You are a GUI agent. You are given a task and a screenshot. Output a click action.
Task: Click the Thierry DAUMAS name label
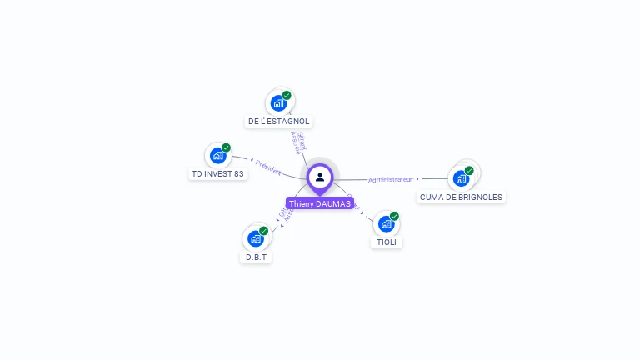pos(320,203)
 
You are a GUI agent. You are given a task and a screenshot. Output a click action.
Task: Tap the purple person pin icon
pos(320,177)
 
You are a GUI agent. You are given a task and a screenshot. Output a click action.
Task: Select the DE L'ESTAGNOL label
pos(278,122)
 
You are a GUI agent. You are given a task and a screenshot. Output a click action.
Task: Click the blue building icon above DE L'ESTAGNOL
pos(278,103)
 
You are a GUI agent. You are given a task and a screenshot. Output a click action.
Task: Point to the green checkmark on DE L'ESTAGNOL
pos(287,95)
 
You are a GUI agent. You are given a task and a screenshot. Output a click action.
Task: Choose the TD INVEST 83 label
pos(217,174)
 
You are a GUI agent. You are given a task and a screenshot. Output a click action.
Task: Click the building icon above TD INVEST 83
pos(217,156)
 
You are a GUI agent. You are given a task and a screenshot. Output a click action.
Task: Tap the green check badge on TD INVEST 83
pos(226,147)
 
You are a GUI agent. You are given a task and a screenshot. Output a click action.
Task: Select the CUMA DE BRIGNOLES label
pos(461,197)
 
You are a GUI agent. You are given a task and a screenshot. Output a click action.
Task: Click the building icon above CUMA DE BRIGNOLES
pos(461,178)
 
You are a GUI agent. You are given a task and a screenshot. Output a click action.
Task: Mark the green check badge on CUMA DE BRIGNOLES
pos(469,170)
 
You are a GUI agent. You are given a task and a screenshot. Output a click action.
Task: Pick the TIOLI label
pos(386,242)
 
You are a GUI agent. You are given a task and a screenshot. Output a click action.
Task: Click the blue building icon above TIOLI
pos(386,223)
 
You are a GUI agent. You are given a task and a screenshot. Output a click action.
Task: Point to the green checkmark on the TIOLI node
pos(394,216)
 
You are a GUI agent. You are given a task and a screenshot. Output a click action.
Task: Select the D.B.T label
pos(256,257)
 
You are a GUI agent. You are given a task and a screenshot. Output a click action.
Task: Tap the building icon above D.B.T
pos(256,238)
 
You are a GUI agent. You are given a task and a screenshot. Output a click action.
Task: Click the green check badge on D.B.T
pos(264,230)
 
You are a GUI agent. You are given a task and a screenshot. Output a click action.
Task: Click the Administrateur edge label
pos(390,179)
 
